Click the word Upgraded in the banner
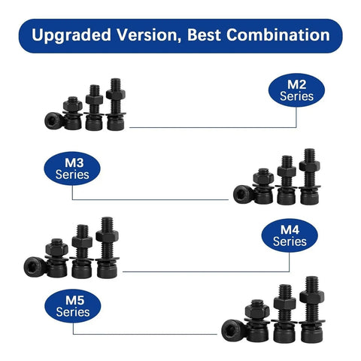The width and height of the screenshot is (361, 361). pyautogui.click(x=71, y=35)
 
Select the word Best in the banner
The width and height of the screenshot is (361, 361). pyautogui.click(x=204, y=35)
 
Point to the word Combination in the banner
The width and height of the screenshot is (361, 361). pyautogui.click(x=278, y=35)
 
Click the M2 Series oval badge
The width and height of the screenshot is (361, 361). pyautogui.click(x=296, y=90)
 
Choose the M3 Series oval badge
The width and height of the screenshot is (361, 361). pyautogui.click(x=72, y=168)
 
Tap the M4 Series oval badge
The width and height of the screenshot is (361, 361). pyautogui.click(x=290, y=235)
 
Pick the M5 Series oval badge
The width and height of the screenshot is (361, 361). pyautogui.click(x=73, y=306)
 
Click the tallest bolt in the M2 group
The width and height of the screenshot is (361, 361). pyautogui.click(x=116, y=105)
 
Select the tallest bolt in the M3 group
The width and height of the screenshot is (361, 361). pyautogui.click(x=309, y=177)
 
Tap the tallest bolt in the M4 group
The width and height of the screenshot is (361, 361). pyautogui.click(x=108, y=247)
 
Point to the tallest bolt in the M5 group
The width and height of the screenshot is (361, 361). pyautogui.click(x=312, y=310)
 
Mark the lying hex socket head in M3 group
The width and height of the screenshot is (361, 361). pyautogui.click(x=242, y=194)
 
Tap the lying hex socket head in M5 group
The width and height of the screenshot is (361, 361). pyautogui.click(x=232, y=330)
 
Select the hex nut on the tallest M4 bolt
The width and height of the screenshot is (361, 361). pyautogui.click(x=108, y=236)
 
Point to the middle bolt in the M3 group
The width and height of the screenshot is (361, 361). pyautogui.click(x=287, y=180)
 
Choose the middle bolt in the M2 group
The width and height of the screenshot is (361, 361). pyautogui.click(x=94, y=108)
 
